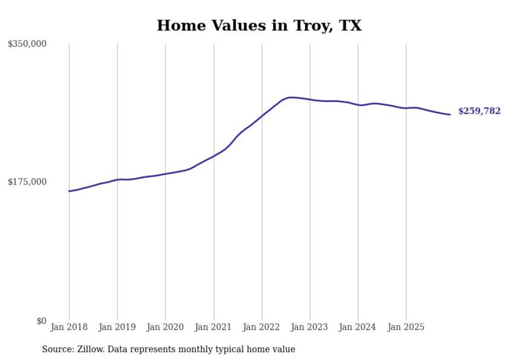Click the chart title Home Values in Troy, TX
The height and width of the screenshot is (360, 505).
[259, 25]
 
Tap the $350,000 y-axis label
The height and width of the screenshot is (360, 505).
[27, 44]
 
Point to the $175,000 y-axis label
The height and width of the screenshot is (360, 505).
[27, 182]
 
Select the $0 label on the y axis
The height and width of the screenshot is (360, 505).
[41, 321]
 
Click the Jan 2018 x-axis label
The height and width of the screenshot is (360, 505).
[69, 327]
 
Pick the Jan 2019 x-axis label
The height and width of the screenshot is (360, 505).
[117, 327]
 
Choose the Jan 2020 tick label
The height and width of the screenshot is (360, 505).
[165, 327]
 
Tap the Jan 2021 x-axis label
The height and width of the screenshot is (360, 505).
[213, 327]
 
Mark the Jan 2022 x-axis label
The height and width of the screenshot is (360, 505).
[262, 327]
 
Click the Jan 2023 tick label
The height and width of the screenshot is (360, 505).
[310, 327]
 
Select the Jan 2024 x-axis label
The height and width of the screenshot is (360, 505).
[358, 327]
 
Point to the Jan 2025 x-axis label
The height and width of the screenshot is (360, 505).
[406, 327]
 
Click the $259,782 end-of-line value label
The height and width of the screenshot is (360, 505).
[479, 111]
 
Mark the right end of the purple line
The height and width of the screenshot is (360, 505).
[450, 114]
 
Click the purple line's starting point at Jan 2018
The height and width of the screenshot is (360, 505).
[69, 191]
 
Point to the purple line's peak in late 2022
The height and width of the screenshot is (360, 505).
[291, 97]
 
